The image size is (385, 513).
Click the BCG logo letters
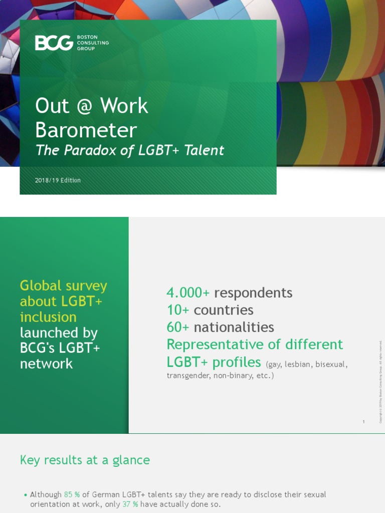click(54, 43)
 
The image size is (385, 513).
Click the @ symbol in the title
click(83, 106)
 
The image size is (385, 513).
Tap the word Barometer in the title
click(86, 130)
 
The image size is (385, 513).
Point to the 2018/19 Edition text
click(58, 180)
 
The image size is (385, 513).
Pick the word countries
click(224, 310)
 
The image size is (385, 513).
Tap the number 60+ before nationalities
click(178, 328)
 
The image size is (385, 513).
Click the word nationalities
click(234, 328)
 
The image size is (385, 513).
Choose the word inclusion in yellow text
click(48, 317)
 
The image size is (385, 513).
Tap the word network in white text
click(46, 364)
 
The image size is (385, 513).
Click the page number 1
click(363, 422)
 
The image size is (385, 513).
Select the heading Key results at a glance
click(85, 460)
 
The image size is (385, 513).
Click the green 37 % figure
click(130, 504)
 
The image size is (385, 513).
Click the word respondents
click(253, 293)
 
